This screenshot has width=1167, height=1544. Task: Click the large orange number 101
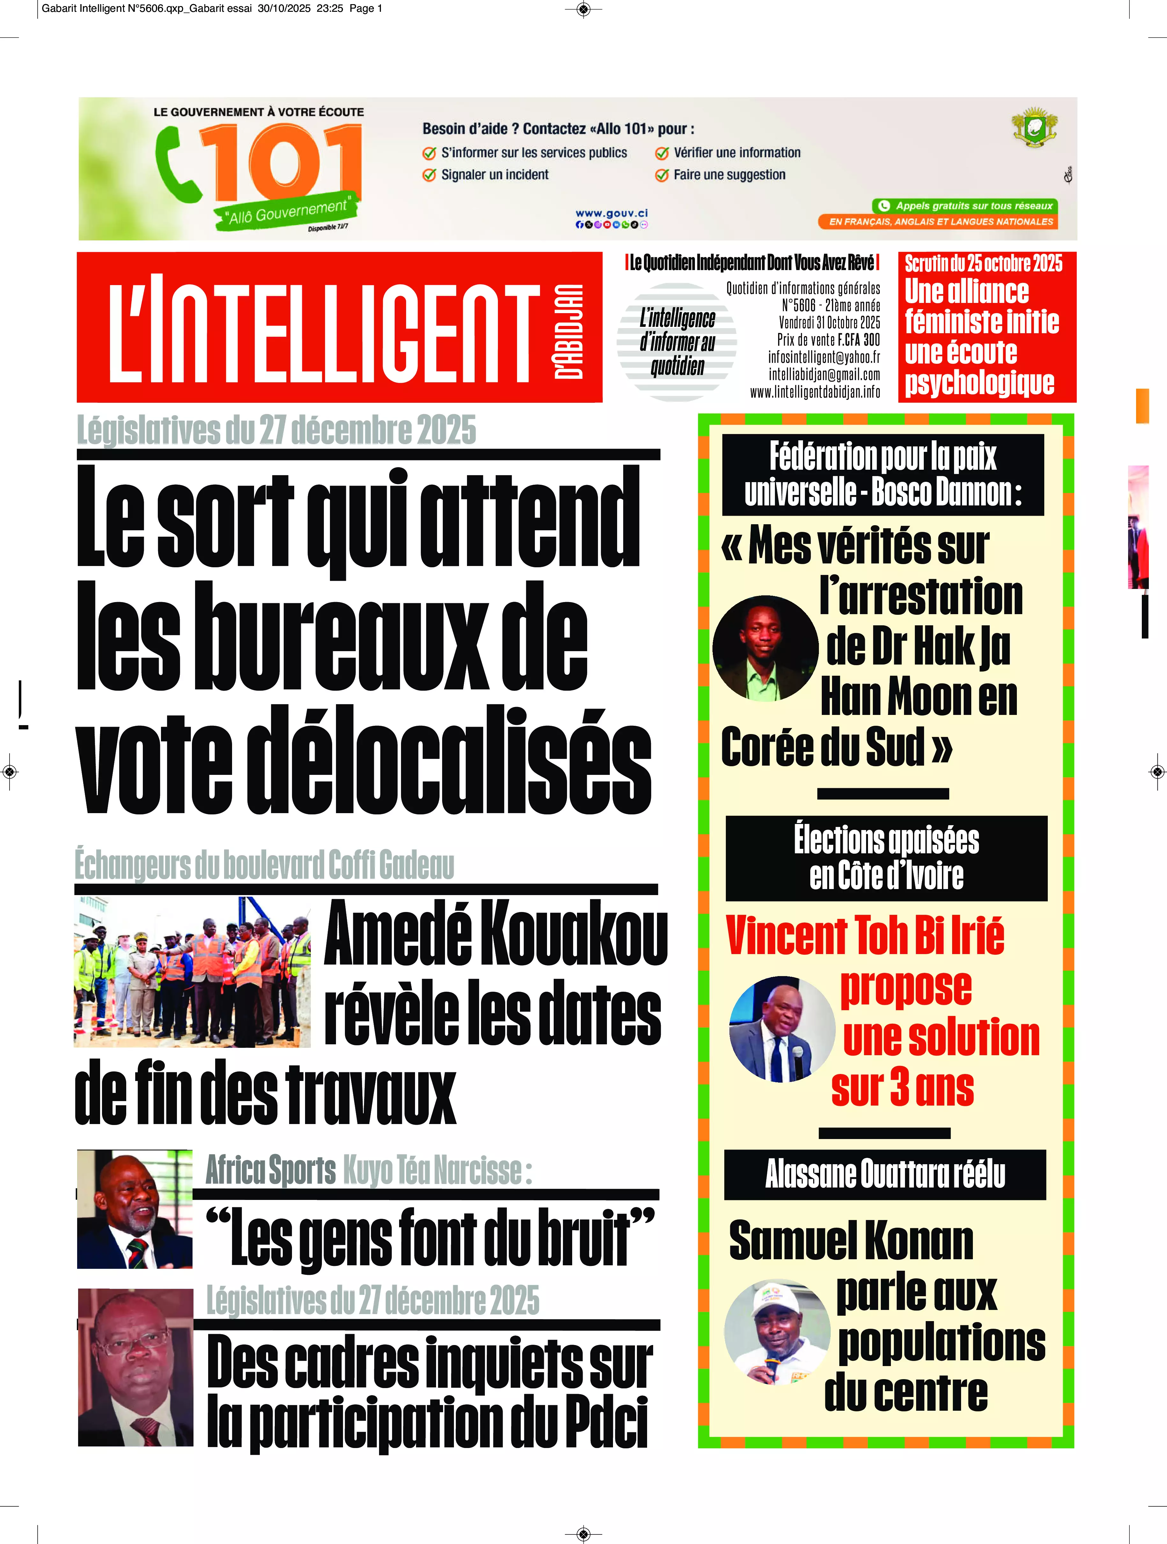(283, 162)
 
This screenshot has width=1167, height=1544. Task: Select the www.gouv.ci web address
(611, 213)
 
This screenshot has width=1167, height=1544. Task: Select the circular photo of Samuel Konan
(777, 1332)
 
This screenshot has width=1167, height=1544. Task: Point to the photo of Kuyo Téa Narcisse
(135, 1209)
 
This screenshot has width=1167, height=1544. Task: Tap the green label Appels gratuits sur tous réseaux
(965, 206)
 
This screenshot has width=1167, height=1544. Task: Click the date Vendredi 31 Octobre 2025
(829, 322)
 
